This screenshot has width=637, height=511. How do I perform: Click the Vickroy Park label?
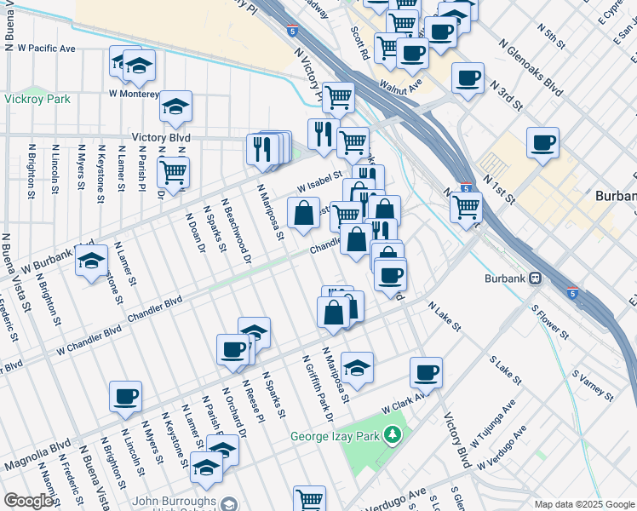click(x=36, y=99)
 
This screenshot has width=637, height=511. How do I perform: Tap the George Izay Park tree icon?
click(x=392, y=436)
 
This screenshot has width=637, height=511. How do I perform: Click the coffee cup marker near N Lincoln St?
click(x=125, y=395)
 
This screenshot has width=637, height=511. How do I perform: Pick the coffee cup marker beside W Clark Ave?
click(x=426, y=371)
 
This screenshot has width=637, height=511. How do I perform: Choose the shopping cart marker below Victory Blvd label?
click(x=173, y=171)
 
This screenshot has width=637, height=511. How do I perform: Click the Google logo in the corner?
click(x=28, y=501)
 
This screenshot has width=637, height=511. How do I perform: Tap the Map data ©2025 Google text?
click(x=583, y=504)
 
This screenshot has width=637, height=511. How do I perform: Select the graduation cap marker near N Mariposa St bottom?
click(x=358, y=366)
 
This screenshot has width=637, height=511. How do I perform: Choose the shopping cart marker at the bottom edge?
click(x=309, y=499)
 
